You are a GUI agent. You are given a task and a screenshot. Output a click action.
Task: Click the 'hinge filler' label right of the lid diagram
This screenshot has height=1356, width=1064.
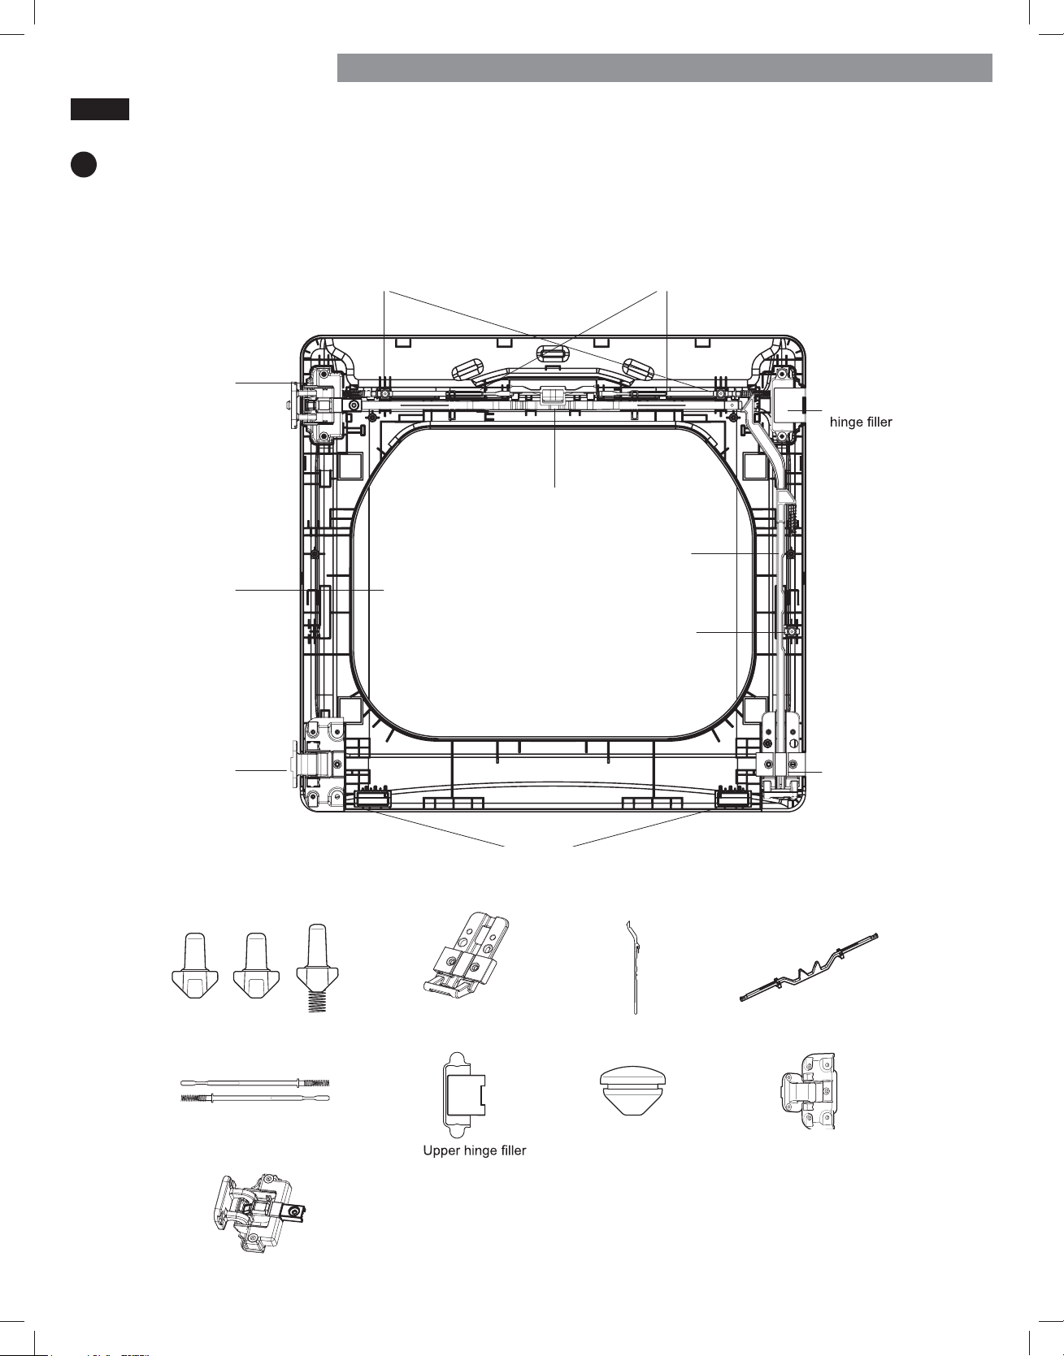coord(861,422)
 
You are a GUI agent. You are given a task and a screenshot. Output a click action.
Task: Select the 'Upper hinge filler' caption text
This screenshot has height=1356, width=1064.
coord(475,1150)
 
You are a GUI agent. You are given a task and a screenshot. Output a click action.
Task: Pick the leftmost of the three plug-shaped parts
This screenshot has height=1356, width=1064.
coord(194,965)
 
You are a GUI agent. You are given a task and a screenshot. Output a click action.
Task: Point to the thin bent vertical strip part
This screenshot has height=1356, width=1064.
coord(633,967)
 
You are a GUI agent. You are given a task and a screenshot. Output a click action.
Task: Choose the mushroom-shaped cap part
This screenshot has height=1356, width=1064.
coord(632,1091)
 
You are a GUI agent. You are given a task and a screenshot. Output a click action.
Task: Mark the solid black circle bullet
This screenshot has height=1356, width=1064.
coord(83,164)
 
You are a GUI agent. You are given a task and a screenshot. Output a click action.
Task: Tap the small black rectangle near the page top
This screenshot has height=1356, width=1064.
coord(99,109)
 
